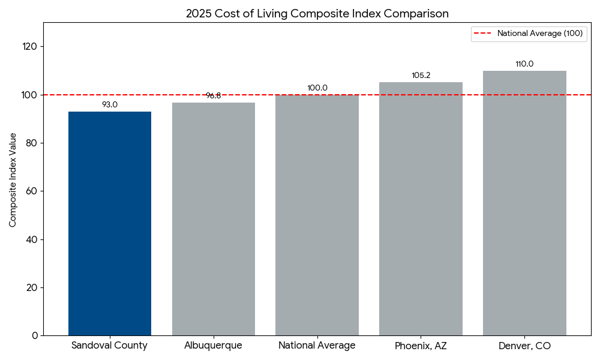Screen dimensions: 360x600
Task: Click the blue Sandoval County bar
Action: (x=110, y=223)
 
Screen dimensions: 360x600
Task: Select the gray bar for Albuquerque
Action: (x=213, y=219)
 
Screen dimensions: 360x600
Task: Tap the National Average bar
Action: (x=317, y=215)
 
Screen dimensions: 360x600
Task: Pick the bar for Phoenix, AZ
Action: (x=421, y=209)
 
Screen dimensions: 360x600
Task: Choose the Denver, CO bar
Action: (x=524, y=203)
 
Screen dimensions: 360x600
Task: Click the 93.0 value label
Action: (x=110, y=104)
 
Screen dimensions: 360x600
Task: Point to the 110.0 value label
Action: (x=524, y=64)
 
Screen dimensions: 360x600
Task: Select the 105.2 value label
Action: (x=421, y=76)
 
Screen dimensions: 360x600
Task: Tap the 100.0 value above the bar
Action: (x=317, y=88)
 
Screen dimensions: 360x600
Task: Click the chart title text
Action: (x=317, y=13)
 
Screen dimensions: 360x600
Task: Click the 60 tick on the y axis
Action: (x=31, y=191)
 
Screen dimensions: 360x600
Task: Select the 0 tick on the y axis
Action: (x=34, y=335)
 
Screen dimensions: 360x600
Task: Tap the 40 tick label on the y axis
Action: (x=31, y=239)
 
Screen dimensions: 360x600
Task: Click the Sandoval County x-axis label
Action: (x=110, y=346)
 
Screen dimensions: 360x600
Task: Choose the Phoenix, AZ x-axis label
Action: (x=421, y=346)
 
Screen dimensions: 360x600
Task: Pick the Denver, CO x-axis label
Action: (x=524, y=346)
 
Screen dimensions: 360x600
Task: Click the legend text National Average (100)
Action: (x=539, y=34)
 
